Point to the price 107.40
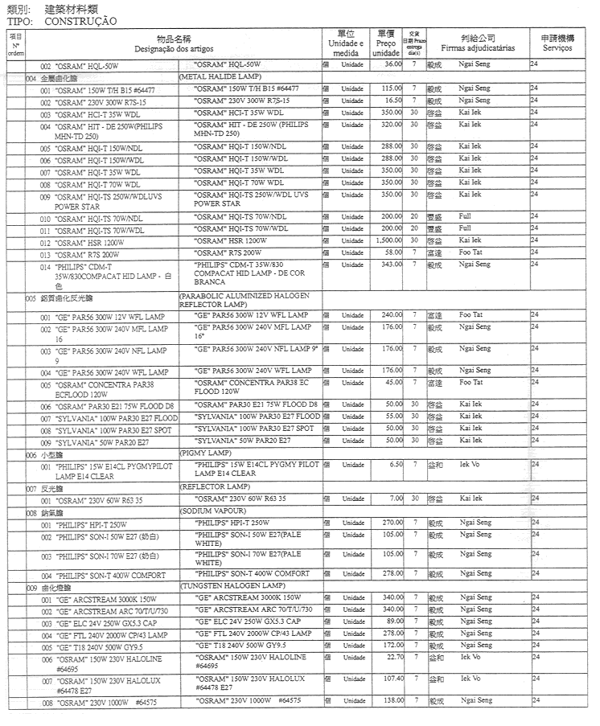coord(390,679)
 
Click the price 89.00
coord(392,621)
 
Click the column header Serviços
coord(557,49)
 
